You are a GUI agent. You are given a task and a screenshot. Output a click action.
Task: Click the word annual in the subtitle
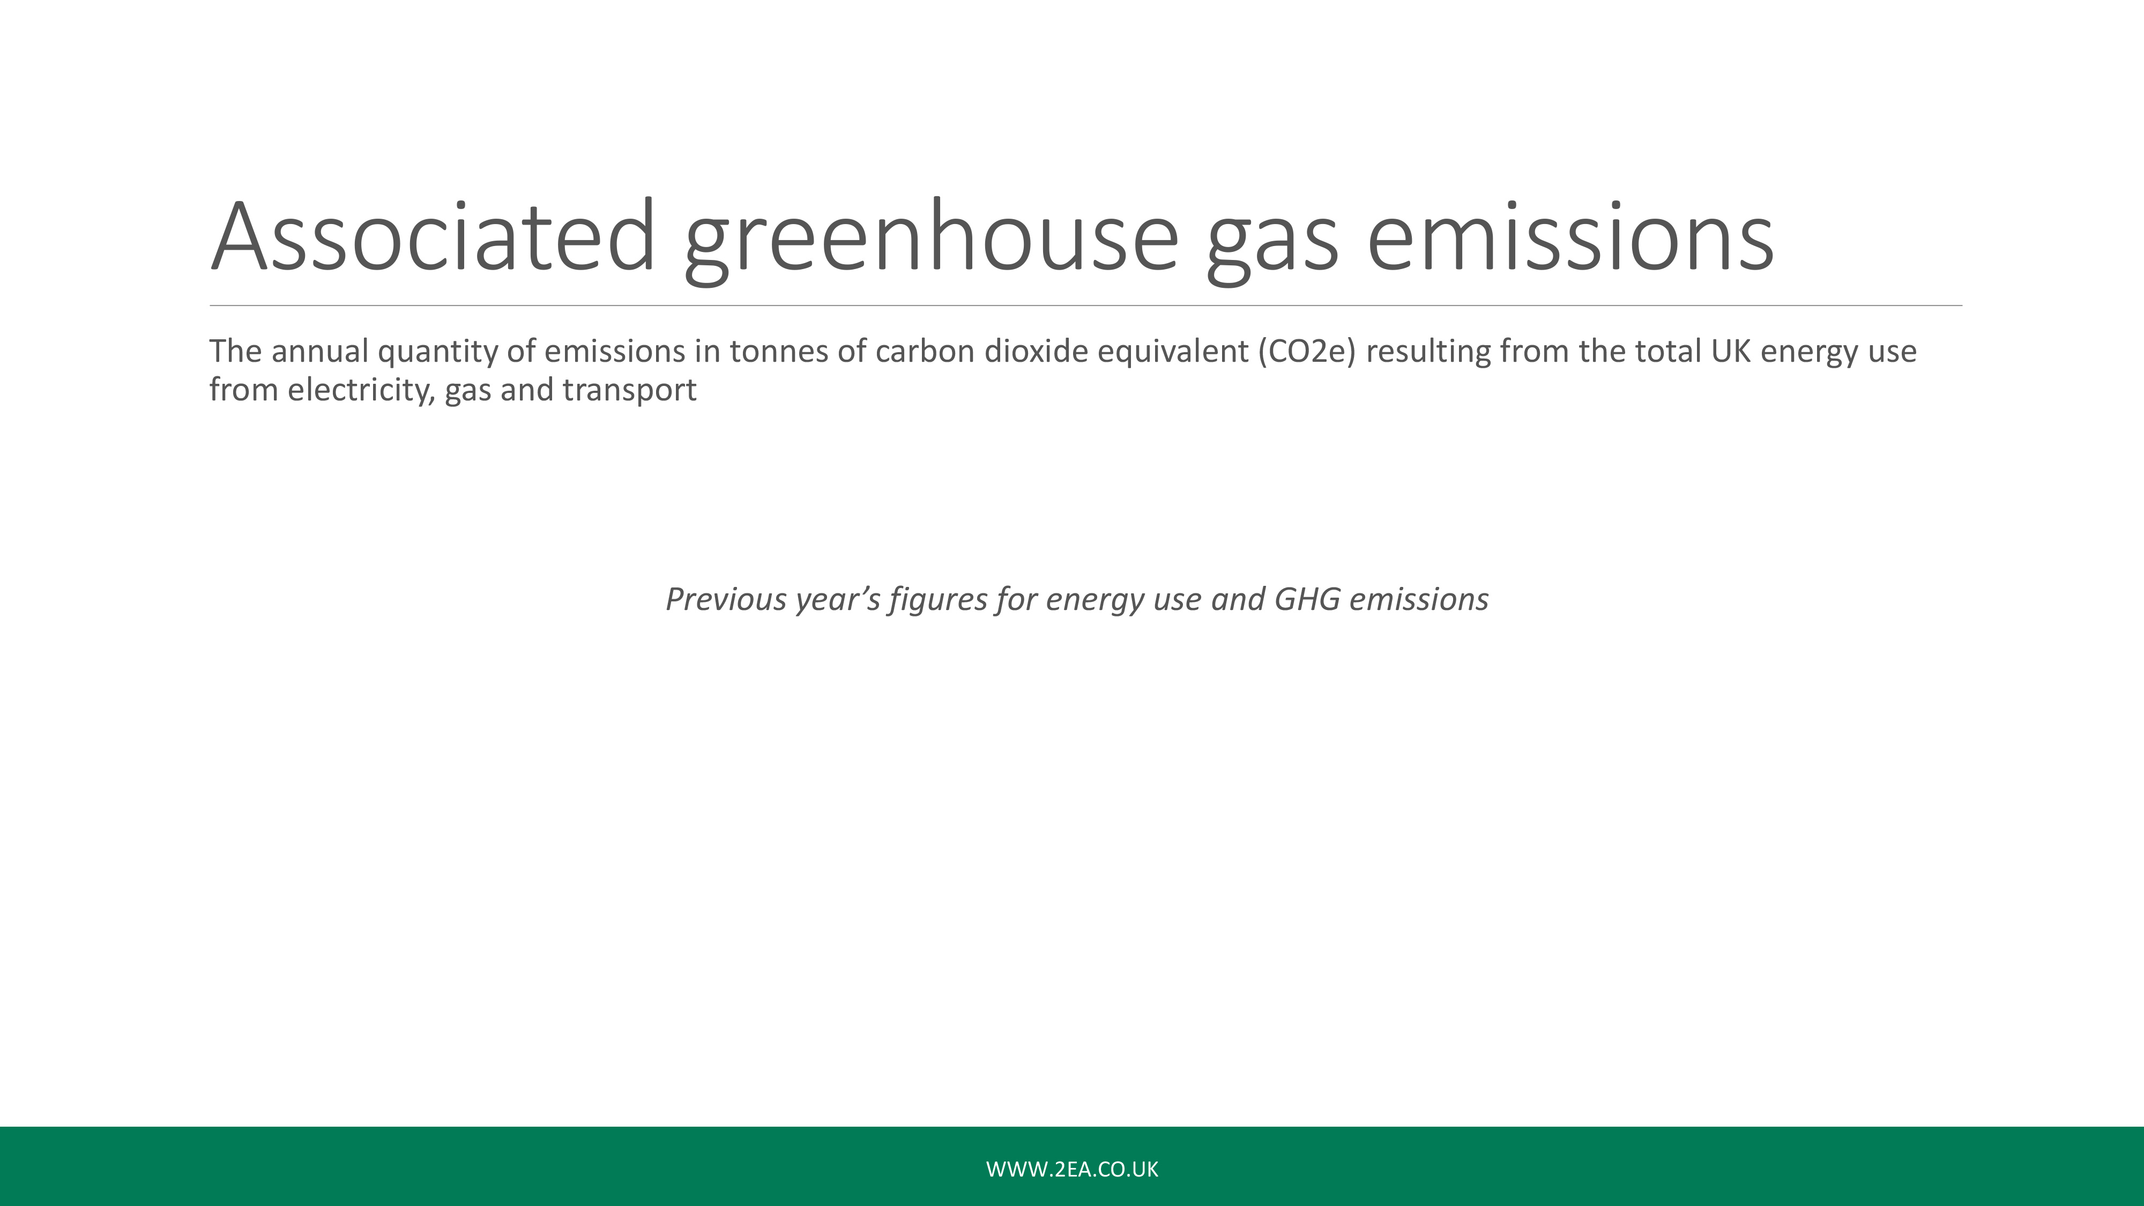pos(319,351)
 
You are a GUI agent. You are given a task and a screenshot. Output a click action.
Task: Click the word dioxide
pos(1036,351)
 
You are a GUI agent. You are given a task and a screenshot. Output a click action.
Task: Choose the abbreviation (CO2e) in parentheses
pos(1307,353)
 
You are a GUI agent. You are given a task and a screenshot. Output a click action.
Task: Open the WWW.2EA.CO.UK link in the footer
pos(1072,1170)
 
